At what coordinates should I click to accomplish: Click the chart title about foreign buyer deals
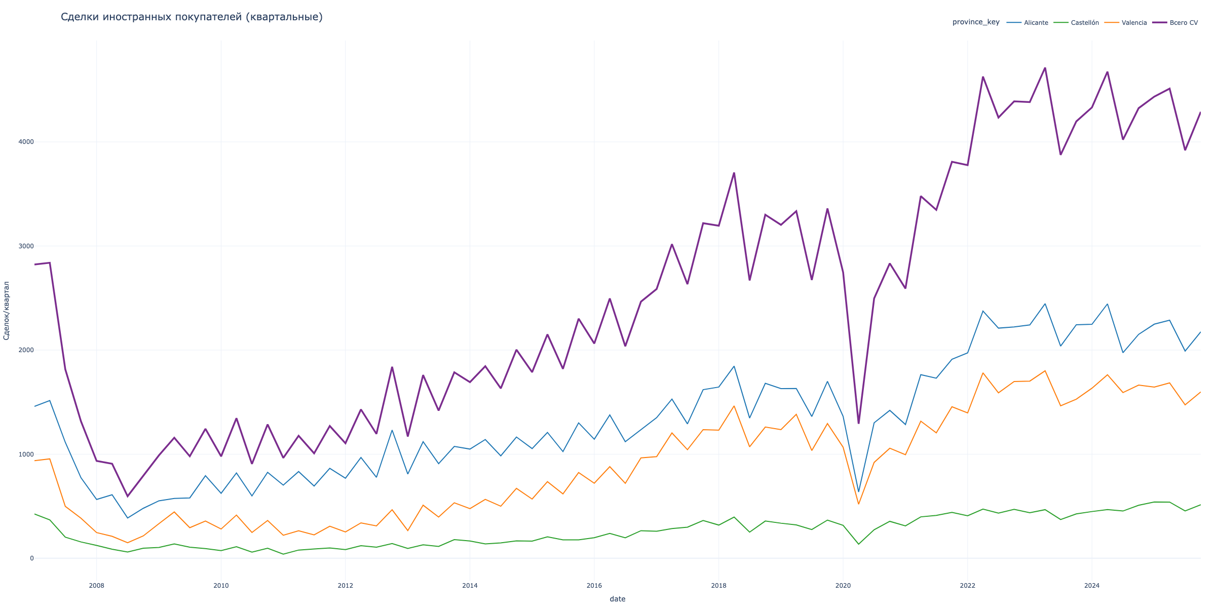coord(192,17)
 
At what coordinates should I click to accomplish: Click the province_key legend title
coord(976,22)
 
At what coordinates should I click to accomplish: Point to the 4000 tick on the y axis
coord(25,142)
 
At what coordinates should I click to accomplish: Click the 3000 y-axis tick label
coord(25,246)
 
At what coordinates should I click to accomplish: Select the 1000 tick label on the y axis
coord(25,454)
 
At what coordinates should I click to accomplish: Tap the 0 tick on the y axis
coord(31,558)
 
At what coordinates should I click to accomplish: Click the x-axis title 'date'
coord(617,599)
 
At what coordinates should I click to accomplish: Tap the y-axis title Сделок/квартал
coord(7,310)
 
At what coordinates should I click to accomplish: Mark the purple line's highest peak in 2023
coord(1045,68)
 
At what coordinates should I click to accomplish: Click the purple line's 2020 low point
coord(858,423)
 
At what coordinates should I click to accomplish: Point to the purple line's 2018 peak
coord(734,173)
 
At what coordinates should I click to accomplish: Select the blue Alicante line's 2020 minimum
coord(858,491)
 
